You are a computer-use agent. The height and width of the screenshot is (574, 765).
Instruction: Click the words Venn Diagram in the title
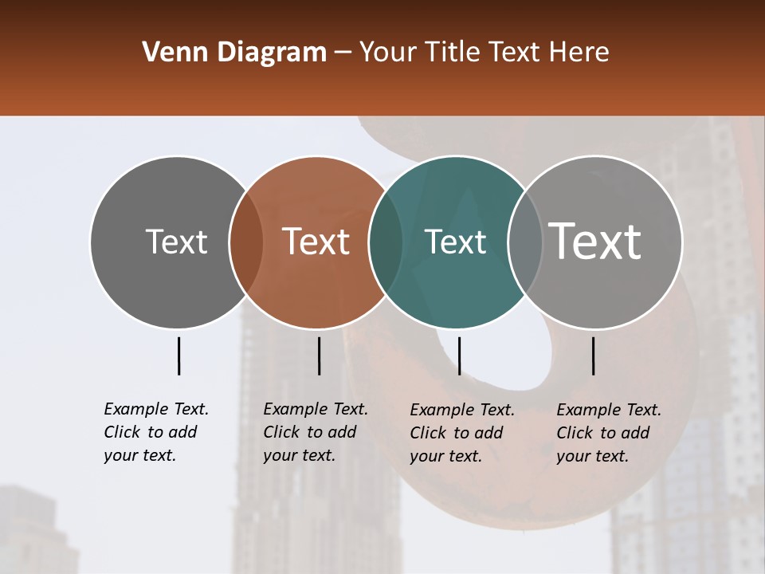coord(234,53)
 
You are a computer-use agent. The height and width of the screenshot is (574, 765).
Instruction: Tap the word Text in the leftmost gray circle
coord(176,242)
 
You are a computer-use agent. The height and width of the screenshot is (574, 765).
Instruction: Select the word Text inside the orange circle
coord(316,242)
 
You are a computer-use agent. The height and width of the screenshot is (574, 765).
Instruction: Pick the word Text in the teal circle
coord(455,242)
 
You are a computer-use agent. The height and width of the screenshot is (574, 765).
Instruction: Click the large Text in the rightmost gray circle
coord(595,241)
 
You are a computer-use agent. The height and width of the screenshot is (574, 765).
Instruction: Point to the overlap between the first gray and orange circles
coord(246,242)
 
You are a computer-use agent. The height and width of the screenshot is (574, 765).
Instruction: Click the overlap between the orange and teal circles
coord(386,242)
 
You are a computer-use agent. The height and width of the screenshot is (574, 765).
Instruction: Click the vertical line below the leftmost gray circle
coord(178,356)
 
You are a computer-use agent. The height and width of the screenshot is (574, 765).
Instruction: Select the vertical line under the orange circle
coord(319,356)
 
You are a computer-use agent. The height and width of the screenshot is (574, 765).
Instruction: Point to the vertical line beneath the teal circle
coord(459,356)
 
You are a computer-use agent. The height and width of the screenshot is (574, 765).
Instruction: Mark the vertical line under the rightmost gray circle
coord(593,356)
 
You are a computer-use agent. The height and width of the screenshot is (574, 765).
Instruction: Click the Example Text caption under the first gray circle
coord(156,432)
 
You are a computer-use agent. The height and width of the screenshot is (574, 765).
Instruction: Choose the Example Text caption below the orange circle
coord(316,432)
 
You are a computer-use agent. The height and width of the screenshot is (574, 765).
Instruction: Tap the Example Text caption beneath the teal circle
coord(462,433)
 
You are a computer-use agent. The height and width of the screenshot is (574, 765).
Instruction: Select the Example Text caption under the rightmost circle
coord(609,433)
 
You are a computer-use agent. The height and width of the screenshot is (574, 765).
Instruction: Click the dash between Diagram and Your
coord(343,53)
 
